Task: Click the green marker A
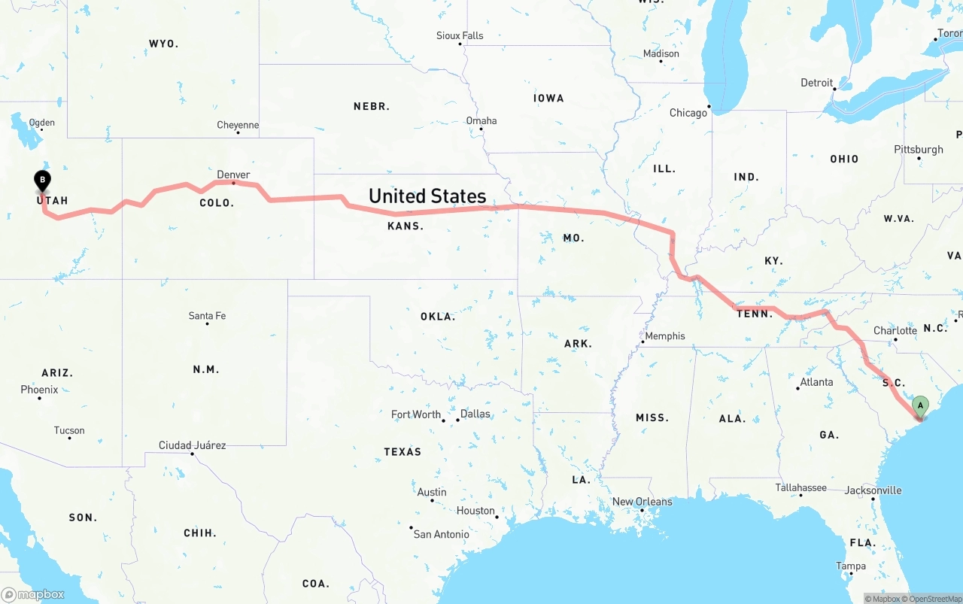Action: point(919,406)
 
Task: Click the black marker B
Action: point(43,180)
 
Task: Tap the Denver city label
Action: point(233,175)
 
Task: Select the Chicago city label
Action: point(688,113)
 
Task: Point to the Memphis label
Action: point(665,336)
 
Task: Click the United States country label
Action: point(427,196)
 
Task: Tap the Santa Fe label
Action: point(207,316)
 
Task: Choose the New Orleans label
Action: point(642,502)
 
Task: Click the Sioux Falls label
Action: point(460,35)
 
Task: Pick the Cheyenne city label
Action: point(238,125)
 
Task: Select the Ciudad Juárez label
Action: point(192,445)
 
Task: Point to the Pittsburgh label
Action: point(919,149)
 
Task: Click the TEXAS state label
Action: point(403,451)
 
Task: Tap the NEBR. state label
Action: point(372,107)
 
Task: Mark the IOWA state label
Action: point(548,98)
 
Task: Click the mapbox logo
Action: point(33,594)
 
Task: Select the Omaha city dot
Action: point(481,129)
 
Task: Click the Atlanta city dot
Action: point(798,388)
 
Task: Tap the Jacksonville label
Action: point(873,490)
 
